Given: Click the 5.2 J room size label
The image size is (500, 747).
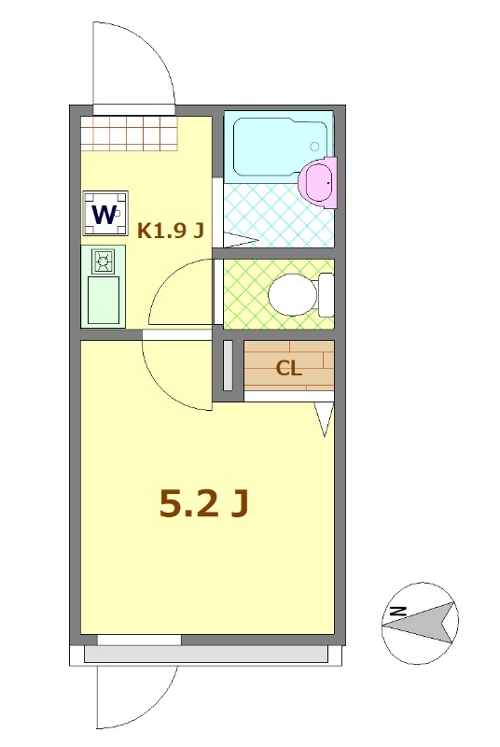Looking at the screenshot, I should point(204,503).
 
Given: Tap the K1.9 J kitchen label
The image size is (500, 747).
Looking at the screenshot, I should point(171,231).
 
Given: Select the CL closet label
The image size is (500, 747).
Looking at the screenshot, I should point(288,368).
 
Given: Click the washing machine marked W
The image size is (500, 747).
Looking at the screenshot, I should point(104,214).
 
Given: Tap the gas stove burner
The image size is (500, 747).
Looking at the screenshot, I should point(102,261).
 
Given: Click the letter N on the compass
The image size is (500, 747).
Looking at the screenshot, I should point(396,612).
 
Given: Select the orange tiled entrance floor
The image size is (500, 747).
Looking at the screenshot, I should point(128,133).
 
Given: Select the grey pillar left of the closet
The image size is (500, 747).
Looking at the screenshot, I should point(229,366).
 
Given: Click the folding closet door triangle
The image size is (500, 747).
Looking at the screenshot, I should point(324,419).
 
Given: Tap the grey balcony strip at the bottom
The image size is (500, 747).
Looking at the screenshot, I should point(205,655).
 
